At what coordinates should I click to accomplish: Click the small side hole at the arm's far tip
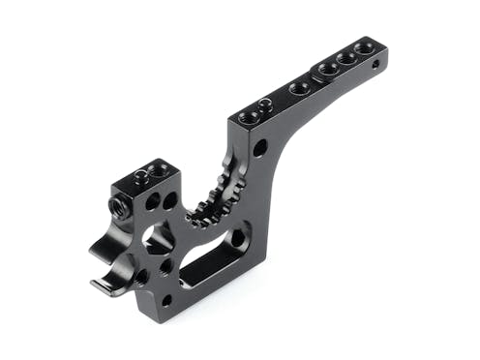click(376, 65)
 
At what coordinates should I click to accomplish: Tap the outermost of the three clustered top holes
click(363, 46)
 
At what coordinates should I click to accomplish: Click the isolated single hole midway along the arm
click(300, 87)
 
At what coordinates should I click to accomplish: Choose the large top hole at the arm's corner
click(248, 117)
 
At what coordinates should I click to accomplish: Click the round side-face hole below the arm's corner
click(260, 148)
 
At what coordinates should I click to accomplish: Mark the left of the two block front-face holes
click(153, 203)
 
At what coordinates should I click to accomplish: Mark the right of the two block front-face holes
click(169, 201)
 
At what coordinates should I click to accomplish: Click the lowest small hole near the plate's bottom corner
click(166, 300)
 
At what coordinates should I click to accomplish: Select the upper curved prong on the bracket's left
click(108, 242)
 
